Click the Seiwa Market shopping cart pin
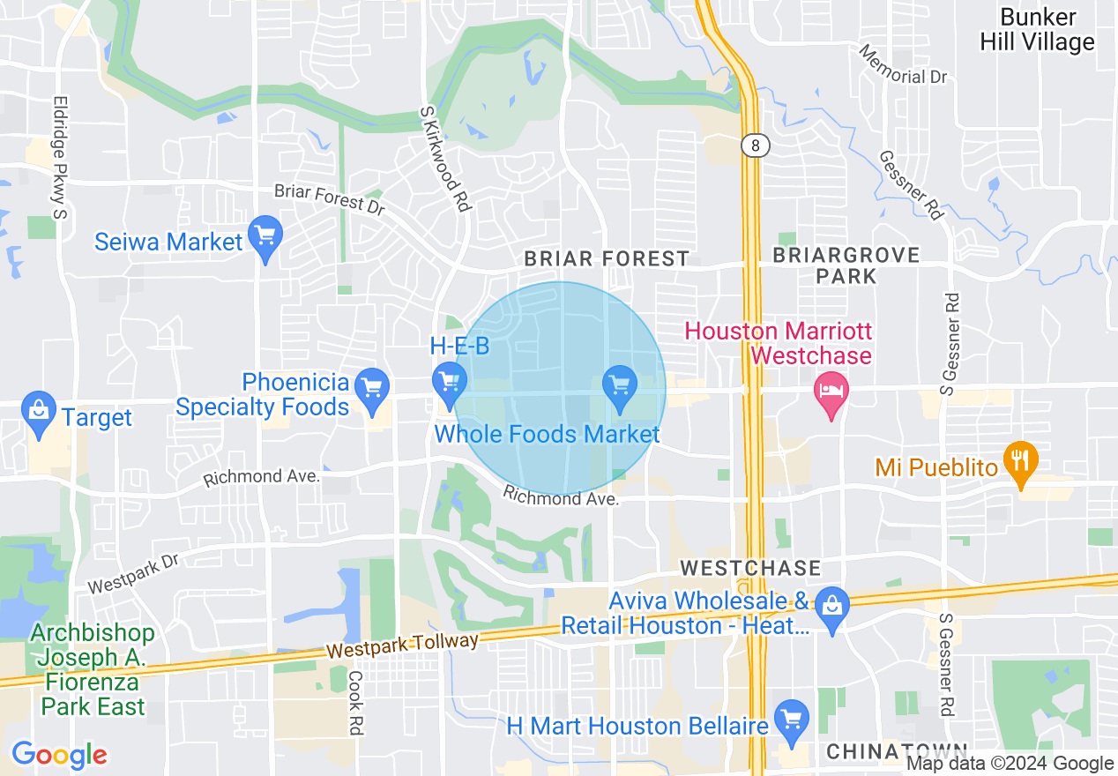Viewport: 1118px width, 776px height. (x=265, y=237)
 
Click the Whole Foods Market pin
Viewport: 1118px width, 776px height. (x=620, y=386)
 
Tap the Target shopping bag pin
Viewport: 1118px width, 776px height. (x=39, y=412)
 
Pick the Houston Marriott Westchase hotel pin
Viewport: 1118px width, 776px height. (x=831, y=392)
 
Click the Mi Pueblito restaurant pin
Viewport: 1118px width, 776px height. (x=1021, y=462)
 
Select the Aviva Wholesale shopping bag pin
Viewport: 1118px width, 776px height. (x=831, y=606)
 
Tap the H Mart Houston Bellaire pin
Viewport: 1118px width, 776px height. (x=792, y=720)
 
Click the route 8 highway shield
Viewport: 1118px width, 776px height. (x=755, y=145)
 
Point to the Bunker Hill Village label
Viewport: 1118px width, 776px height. (x=1038, y=30)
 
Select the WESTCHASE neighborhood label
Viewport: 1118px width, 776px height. (x=751, y=567)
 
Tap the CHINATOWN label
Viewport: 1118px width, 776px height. (x=897, y=752)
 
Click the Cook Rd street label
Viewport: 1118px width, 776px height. (x=355, y=702)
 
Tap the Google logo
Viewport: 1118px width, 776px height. (x=59, y=755)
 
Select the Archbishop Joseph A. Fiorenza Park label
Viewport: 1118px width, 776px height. (x=92, y=669)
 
